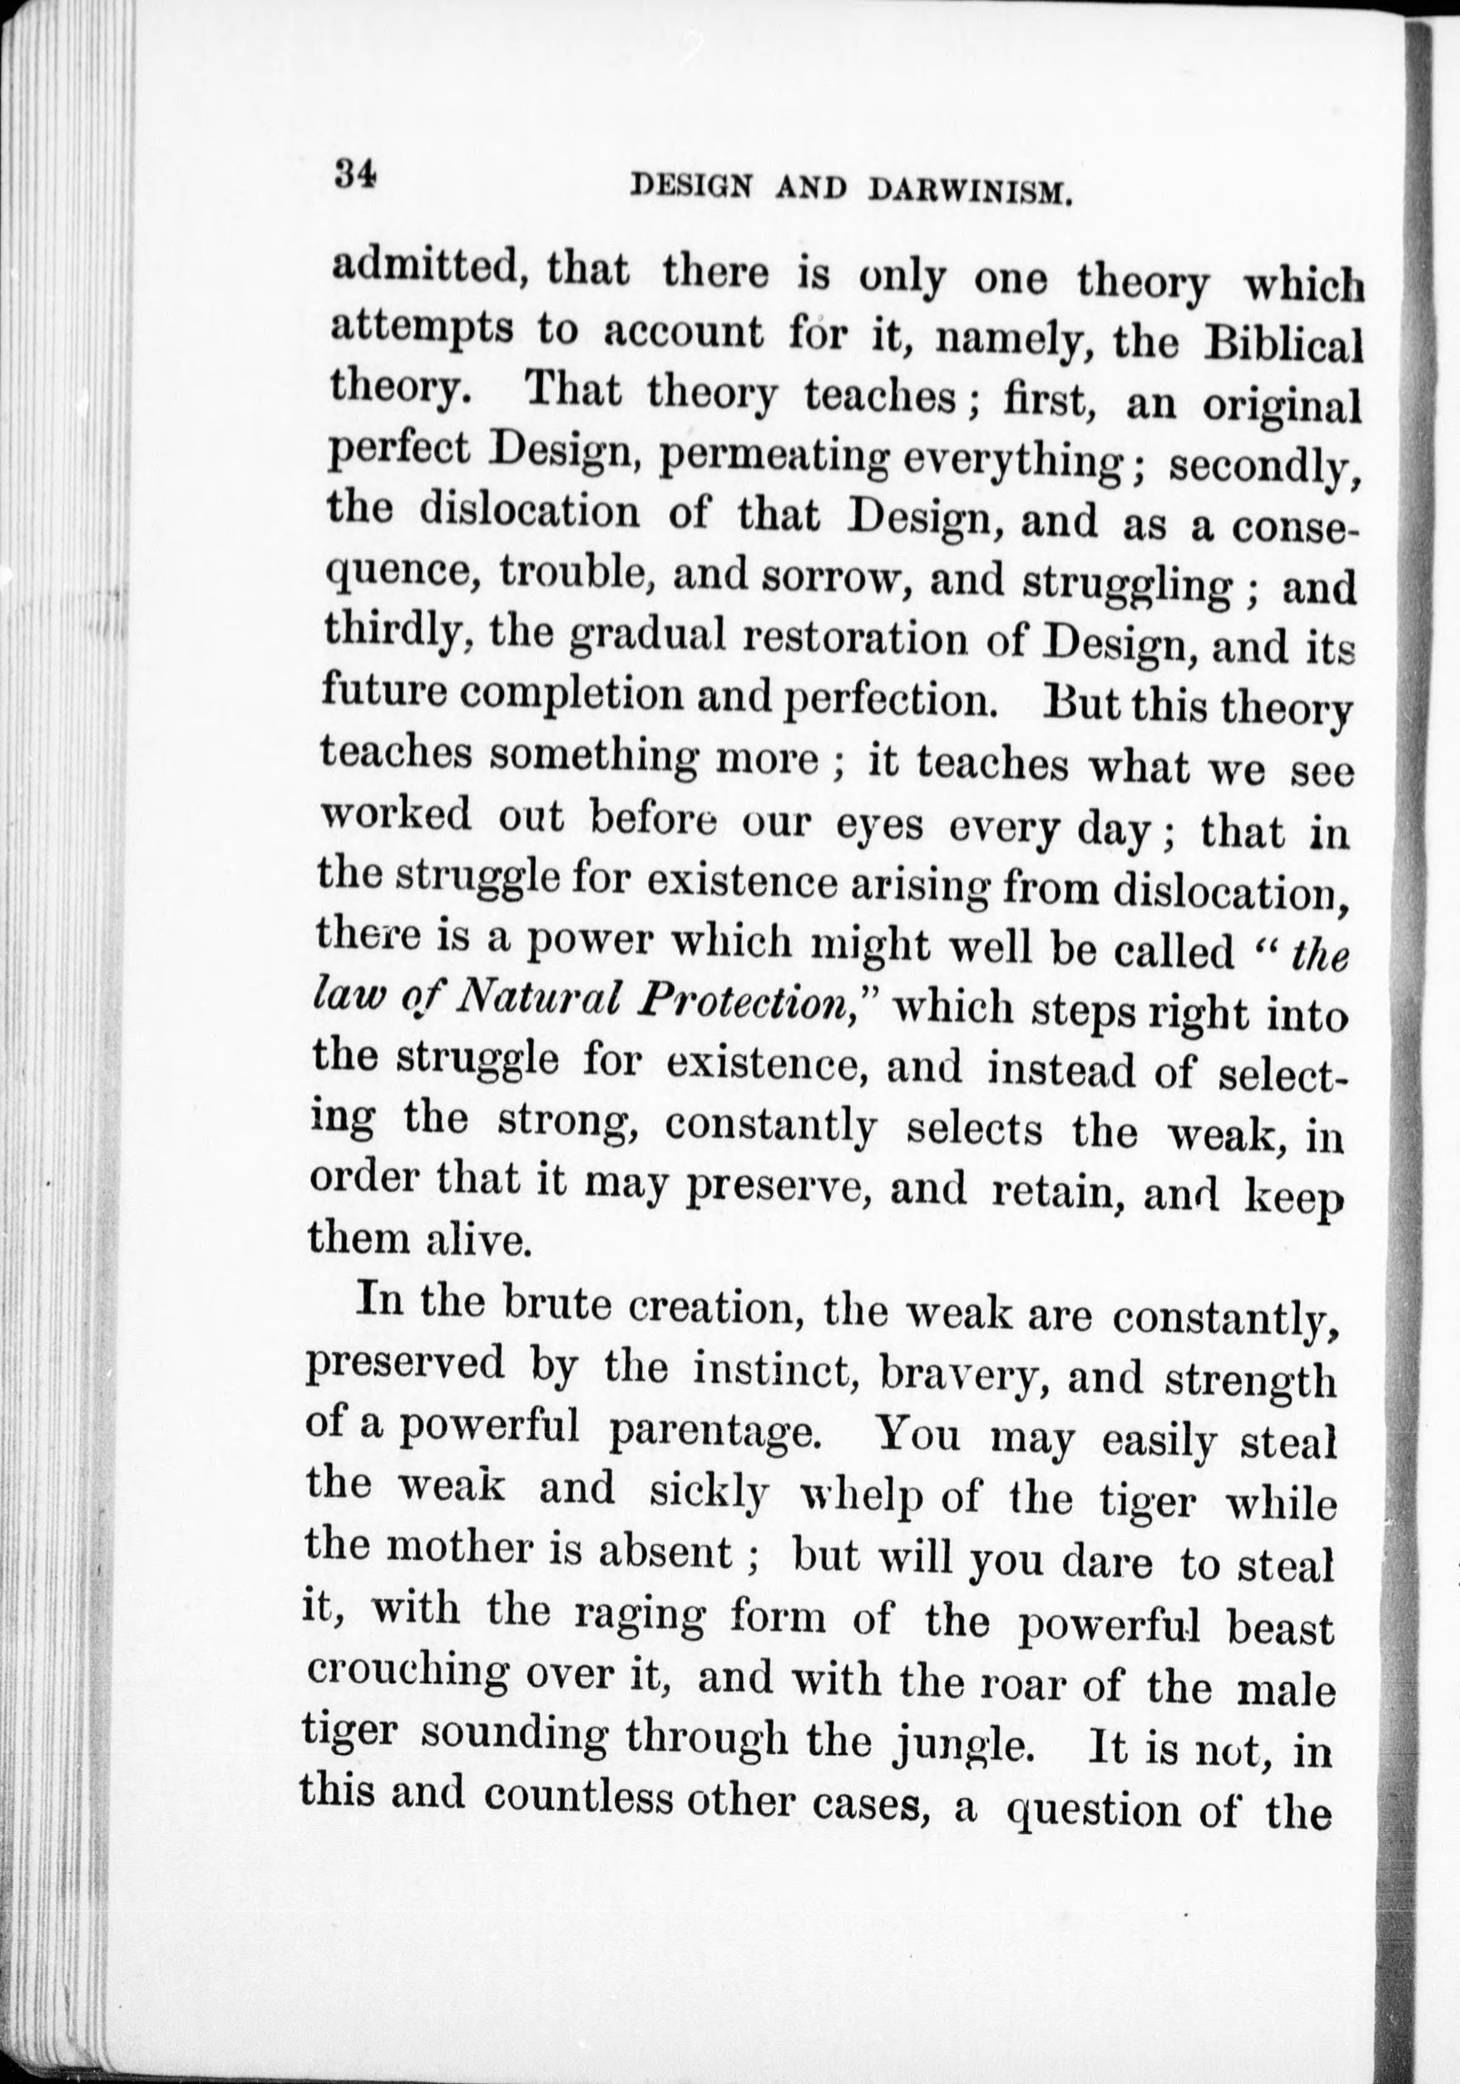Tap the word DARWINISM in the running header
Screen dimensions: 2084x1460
coord(971,191)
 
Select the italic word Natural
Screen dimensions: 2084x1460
coord(539,998)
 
